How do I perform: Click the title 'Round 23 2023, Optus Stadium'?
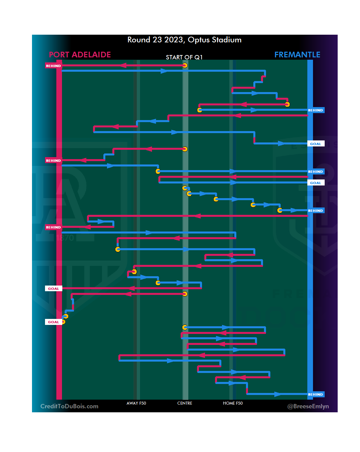tap(184, 40)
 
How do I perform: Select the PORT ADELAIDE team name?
tap(80, 55)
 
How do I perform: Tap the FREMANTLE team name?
tap(297, 55)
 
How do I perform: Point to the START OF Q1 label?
tap(184, 57)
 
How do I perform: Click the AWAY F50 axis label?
tap(136, 403)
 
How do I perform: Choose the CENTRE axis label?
tap(185, 403)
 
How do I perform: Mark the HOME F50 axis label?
tap(233, 403)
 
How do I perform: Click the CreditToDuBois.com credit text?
tap(69, 406)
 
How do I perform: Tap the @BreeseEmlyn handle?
tap(308, 406)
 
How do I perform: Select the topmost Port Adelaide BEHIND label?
tap(53, 66)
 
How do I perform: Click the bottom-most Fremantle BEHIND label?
tap(315, 395)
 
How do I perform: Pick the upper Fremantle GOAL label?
tap(315, 144)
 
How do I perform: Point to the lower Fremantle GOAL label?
tap(315, 183)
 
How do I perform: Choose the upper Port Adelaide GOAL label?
tap(53, 289)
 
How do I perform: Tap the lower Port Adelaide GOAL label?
tap(53, 322)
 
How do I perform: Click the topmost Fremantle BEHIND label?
tap(315, 110)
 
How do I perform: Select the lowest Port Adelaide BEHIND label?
tap(53, 228)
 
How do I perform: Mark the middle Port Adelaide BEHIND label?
tap(53, 161)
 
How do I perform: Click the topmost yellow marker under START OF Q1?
tap(185, 66)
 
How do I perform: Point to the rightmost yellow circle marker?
tap(287, 104)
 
